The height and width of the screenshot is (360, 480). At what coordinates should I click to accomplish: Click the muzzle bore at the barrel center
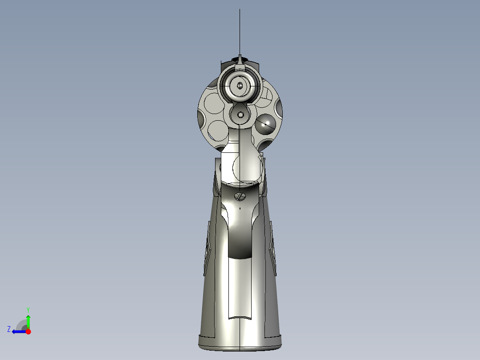pyautogui.click(x=240, y=85)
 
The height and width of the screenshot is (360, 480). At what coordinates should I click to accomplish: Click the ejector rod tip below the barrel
pyautogui.click(x=241, y=115)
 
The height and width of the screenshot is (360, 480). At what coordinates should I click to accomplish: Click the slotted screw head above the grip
pyautogui.click(x=241, y=196)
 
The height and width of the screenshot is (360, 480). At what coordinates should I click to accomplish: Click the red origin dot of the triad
pyautogui.click(x=28, y=331)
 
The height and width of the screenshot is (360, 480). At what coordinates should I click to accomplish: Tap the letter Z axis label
pyautogui.click(x=9, y=329)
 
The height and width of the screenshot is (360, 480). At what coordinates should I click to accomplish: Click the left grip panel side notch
pyautogui.click(x=207, y=250)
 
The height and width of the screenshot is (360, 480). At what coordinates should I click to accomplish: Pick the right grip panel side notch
pyautogui.click(x=272, y=250)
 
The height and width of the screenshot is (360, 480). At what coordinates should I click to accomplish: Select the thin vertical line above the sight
pyautogui.click(x=240, y=31)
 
